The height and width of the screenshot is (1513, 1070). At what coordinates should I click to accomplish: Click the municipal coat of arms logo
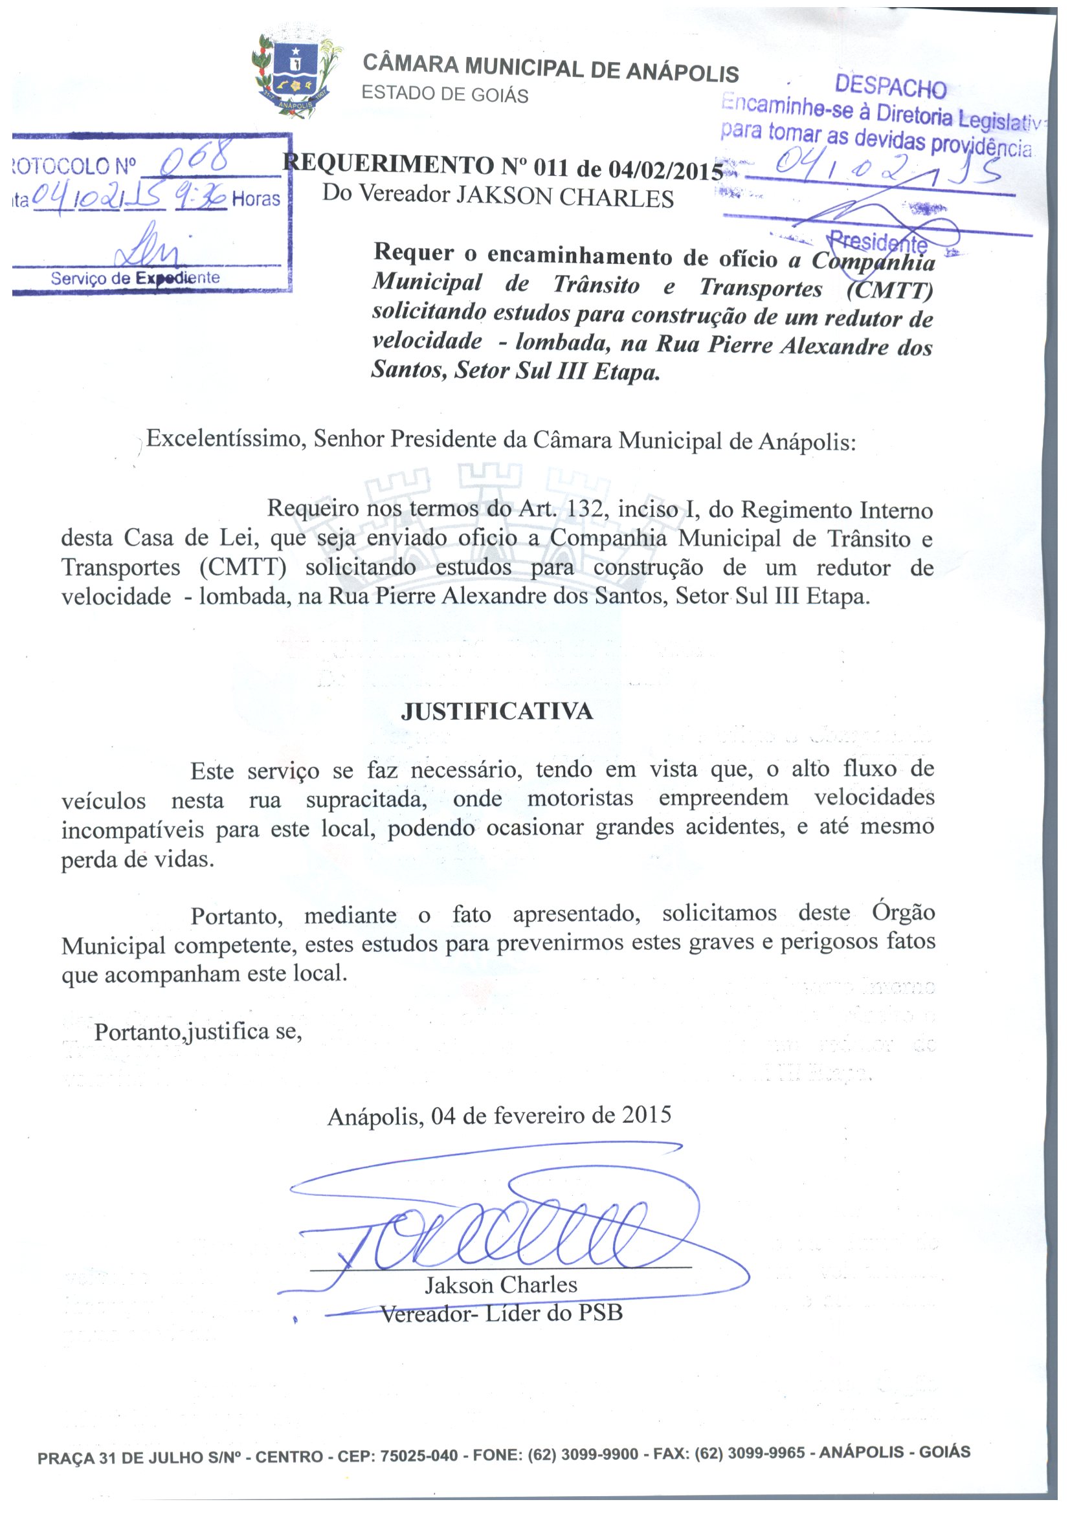click(296, 76)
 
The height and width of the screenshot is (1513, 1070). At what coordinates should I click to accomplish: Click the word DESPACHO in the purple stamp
click(889, 86)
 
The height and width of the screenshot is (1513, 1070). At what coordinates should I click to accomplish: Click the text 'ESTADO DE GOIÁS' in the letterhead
click(445, 95)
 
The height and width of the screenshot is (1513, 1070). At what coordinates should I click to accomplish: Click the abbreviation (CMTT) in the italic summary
click(889, 290)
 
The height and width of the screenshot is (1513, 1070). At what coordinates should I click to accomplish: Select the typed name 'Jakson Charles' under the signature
click(500, 1285)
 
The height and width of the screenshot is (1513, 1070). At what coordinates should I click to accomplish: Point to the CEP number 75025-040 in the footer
click(419, 1455)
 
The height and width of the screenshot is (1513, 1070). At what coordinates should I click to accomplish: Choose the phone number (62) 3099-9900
click(583, 1454)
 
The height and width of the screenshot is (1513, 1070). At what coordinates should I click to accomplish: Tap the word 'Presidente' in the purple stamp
click(878, 243)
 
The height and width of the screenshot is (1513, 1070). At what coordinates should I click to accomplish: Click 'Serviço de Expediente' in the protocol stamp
click(135, 278)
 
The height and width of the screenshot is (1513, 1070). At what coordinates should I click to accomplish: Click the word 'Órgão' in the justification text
click(903, 912)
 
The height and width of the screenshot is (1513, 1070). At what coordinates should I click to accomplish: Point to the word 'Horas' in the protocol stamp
click(256, 199)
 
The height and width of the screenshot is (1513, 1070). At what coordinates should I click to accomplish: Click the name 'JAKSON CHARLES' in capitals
click(565, 197)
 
